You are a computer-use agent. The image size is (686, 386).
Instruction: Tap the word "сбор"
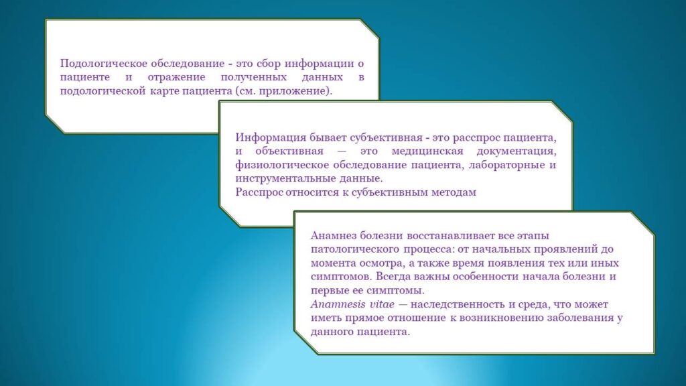[x=268, y=64]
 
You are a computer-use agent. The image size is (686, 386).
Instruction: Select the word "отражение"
[x=176, y=78]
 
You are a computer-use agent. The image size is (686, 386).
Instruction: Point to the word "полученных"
[x=254, y=78]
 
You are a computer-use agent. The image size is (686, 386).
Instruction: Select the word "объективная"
[x=289, y=151]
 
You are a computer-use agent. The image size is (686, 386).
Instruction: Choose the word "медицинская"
[x=427, y=151]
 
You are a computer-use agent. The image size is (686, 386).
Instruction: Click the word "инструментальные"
[x=285, y=179]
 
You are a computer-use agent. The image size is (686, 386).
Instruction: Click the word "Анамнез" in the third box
[x=334, y=236]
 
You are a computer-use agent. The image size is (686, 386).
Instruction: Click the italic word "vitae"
[x=383, y=304]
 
